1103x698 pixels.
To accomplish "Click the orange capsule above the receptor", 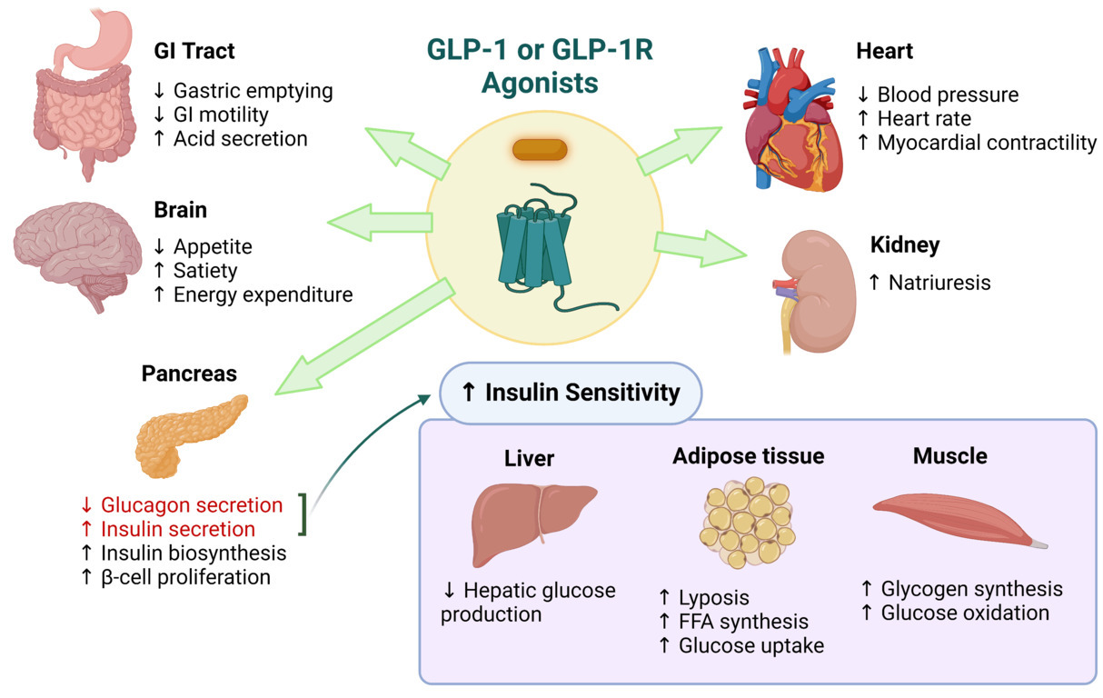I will (x=540, y=150).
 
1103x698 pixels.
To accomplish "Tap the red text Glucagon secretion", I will (x=191, y=504).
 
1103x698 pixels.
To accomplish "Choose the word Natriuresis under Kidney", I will (x=939, y=283).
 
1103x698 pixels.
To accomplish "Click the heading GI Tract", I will (x=194, y=52).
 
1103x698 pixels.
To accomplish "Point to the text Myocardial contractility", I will (x=987, y=143).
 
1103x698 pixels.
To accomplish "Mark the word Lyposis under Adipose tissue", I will (x=713, y=598).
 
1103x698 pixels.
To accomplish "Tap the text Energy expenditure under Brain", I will (x=263, y=294).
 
